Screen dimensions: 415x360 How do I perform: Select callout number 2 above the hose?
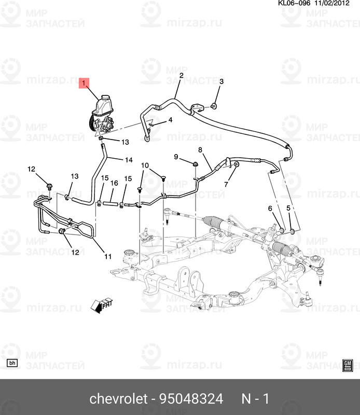click(x=182, y=76)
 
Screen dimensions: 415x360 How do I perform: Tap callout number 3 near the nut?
click(x=221, y=82)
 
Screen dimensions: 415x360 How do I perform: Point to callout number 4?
click(x=170, y=120)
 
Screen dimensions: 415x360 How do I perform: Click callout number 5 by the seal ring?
click(x=288, y=208)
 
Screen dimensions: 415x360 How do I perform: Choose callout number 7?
click(x=226, y=184)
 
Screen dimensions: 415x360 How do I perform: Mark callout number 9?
click(x=176, y=157)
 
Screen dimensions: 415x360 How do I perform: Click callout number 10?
click(x=145, y=165)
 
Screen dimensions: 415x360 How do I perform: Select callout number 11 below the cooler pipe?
click(x=108, y=256)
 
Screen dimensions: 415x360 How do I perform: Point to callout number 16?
click(x=114, y=183)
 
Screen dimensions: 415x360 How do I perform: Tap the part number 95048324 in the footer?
click(x=192, y=399)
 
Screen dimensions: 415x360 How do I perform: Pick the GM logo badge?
click(x=348, y=365)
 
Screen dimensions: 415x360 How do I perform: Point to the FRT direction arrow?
click(x=102, y=305)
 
